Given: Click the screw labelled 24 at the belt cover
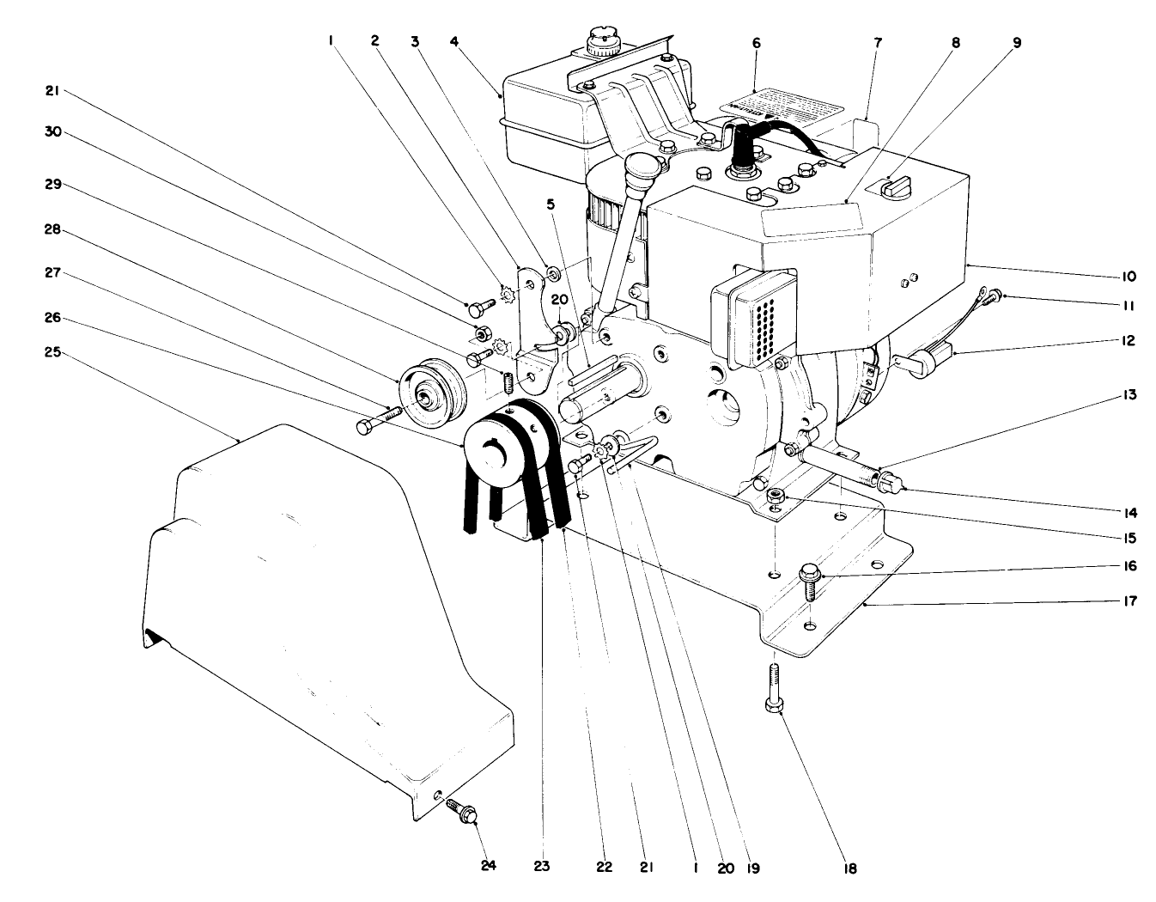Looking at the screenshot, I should (x=465, y=810).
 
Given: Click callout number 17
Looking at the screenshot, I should (x=1129, y=601).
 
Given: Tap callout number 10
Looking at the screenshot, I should (x=1129, y=277).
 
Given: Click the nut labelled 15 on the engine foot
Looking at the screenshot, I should (x=776, y=495).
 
